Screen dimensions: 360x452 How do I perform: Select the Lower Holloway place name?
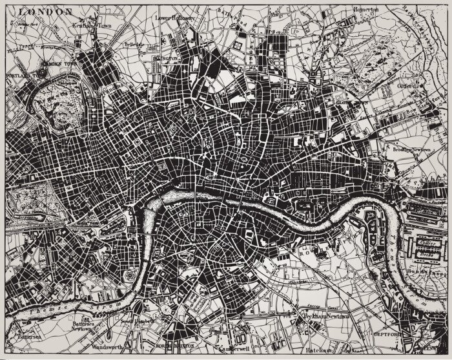(x=175, y=19)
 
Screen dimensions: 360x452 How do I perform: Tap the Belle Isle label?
(x=133, y=45)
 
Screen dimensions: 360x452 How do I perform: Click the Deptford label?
(x=388, y=335)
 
